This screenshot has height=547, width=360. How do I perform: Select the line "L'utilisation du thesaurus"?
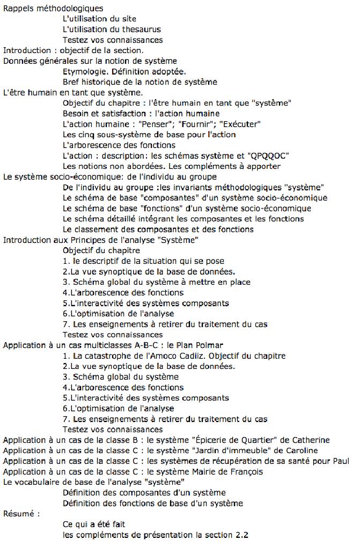click(112, 29)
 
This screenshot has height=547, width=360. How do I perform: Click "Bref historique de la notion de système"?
click(139, 82)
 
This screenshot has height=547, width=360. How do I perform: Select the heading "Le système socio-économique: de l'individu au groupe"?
click(110, 176)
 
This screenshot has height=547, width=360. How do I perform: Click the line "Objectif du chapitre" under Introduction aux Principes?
click(101, 250)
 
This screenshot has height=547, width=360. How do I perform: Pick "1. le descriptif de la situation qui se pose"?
click(143, 261)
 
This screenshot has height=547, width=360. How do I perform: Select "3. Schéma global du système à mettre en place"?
click(156, 282)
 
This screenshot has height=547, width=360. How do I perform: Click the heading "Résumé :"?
click(21, 513)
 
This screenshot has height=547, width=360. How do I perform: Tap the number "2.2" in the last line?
click(241, 535)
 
